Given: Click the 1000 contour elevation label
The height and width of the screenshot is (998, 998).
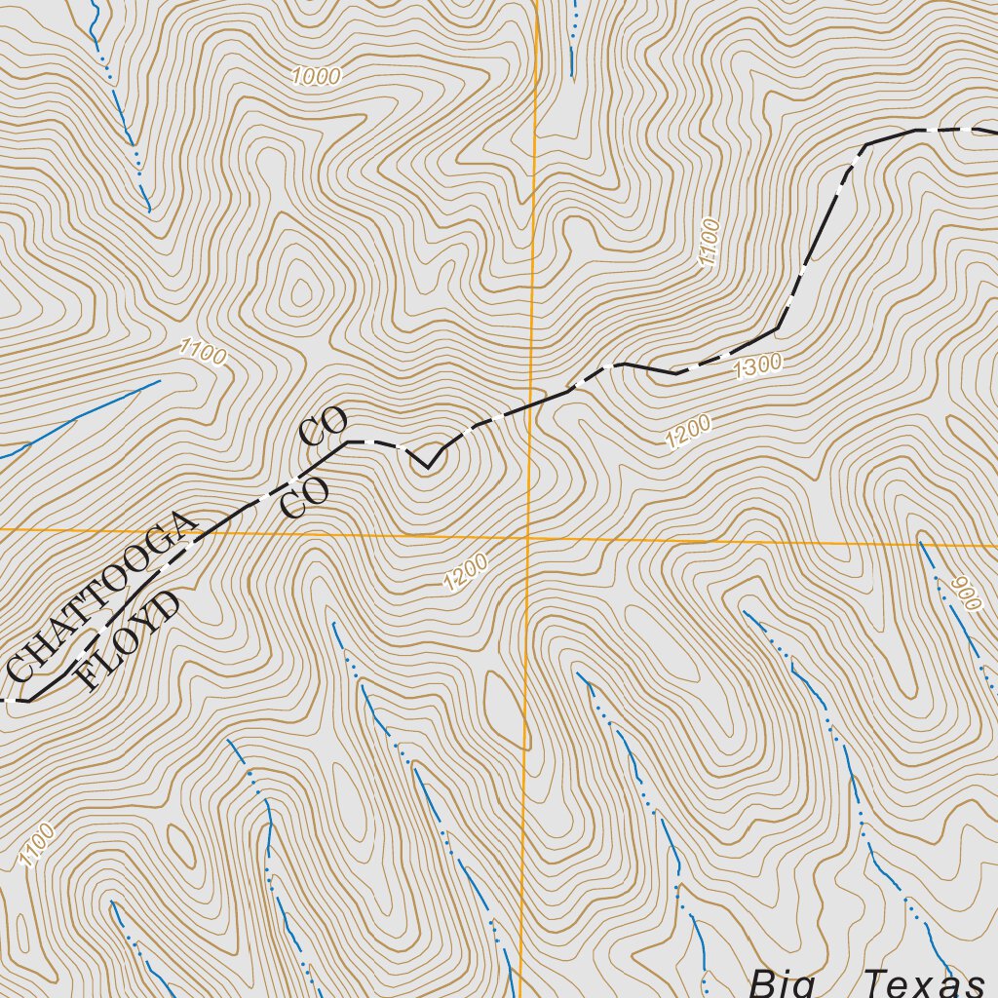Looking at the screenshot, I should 315,77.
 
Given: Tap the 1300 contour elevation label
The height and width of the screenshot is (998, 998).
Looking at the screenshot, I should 758,366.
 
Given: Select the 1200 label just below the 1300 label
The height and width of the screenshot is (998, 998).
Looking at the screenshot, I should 688,432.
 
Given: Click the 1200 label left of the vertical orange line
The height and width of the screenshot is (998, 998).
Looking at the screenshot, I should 464,574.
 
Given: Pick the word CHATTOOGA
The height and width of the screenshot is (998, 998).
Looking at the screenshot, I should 102,595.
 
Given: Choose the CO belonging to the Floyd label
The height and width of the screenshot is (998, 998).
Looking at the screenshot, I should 304,497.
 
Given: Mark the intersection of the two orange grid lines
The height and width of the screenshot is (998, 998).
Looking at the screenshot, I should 527,537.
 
